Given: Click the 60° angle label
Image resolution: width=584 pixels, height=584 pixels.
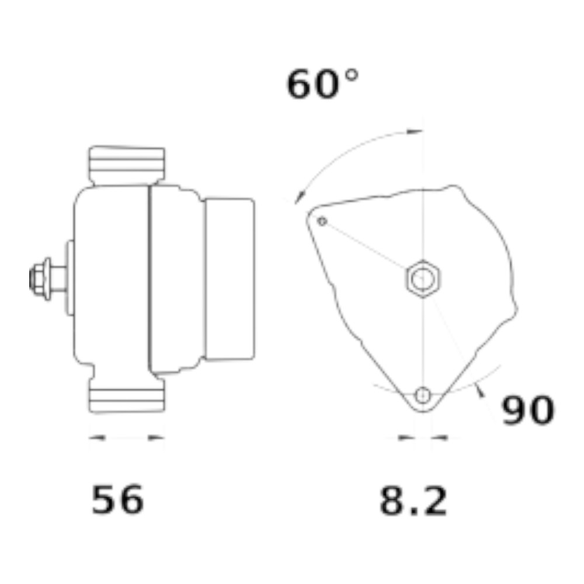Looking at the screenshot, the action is pyautogui.click(x=322, y=84).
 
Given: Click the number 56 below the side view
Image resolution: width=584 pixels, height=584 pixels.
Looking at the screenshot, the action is pyautogui.click(x=118, y=499).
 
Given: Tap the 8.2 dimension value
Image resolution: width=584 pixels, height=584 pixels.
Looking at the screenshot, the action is pyautogui.click(x=413, y=500).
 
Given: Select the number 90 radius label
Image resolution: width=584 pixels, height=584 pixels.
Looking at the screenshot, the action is pyautogui.click(x=528, y=410).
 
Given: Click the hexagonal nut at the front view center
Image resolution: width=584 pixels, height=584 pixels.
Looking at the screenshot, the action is pyautogui.click(x=423, y=278).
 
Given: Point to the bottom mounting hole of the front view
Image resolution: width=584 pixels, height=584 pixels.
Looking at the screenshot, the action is pyautogui.click(x=423, y=395).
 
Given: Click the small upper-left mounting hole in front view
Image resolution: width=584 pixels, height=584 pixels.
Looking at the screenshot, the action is pyautogui.click(x=322, y=221).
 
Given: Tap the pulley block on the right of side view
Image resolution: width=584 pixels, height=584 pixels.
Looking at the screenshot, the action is pyautogui.click(x=230, y=279).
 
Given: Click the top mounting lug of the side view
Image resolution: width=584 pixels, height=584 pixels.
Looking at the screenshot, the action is pyautogui.click(x=127, y=165).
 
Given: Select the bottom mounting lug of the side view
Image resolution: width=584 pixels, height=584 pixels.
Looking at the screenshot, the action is pyautogui.click(x=127, y=394).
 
